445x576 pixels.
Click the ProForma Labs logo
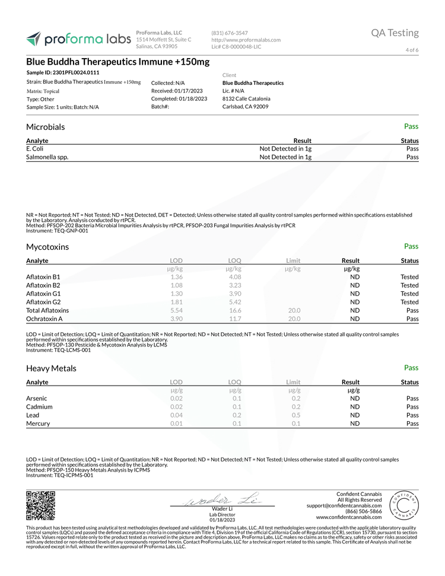point(78,39)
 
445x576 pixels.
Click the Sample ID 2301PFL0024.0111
point(63,72)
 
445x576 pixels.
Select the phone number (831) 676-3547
point(230,33)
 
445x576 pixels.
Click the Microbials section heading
point(46,127)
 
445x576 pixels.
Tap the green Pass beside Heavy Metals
point(411,368)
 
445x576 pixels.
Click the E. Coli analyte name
point(35,149)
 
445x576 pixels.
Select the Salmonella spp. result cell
point(286,157)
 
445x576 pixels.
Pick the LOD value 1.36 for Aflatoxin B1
point(176,277)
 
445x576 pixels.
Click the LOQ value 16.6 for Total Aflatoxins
point(235,310)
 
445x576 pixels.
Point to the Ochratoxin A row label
point(44,319)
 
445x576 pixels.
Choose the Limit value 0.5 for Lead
point(295,415)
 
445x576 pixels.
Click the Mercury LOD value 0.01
point(176,424)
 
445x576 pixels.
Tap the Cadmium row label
point(39,407)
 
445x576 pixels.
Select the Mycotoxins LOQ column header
point(234,260)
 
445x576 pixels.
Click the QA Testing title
point(395,33)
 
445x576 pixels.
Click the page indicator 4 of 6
point(412,50)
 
